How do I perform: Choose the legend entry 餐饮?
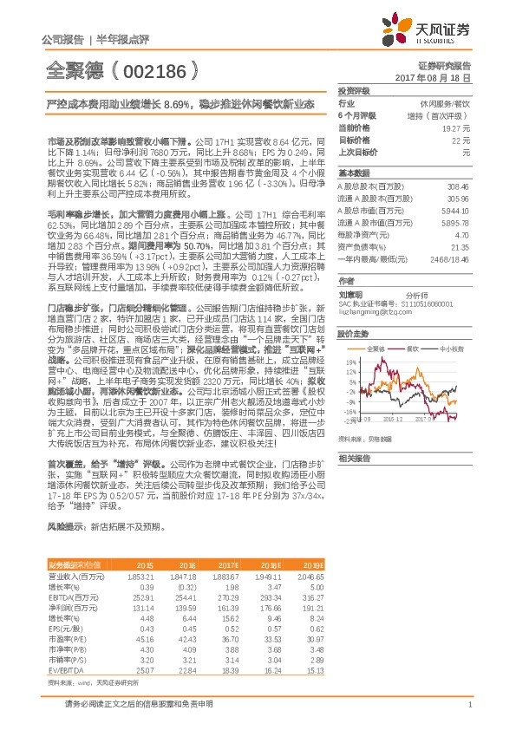(x=414, y=349)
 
